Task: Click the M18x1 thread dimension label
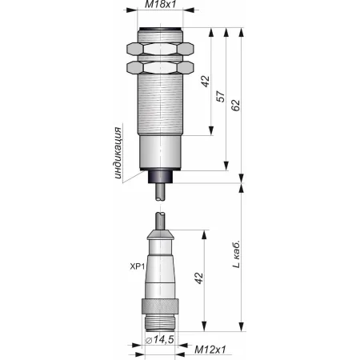161,4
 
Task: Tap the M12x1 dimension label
210,350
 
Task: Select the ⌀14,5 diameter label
159,340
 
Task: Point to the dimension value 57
221,97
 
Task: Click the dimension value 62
235,106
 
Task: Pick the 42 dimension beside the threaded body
206,82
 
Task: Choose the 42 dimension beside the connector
198,278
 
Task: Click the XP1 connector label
138,266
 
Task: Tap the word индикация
118,153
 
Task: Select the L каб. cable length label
236,254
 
